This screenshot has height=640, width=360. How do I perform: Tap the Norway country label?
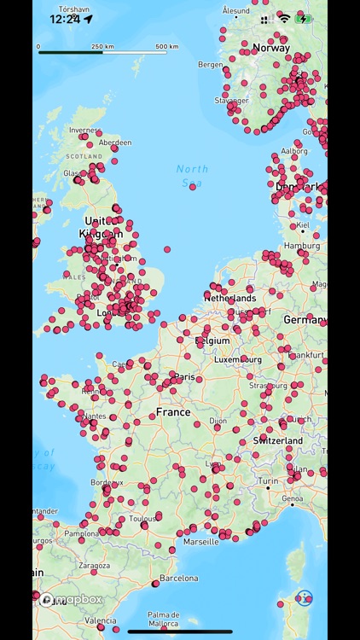[x=271, y=48]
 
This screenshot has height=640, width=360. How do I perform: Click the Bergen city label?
[x=211, y=64]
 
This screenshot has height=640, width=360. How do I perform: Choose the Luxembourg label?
[x=237, y=360]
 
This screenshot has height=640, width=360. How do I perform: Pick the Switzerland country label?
[x=278, y=440]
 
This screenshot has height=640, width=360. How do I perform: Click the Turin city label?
[x=269, y=481]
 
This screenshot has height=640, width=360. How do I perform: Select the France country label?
[x=173, y=412]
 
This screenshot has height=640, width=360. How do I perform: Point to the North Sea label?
[x=193, y=175]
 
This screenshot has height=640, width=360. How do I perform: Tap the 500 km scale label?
[x=167, y=46]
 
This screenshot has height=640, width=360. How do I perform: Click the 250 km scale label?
[x=102, y=46]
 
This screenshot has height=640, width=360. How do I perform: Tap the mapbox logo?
[x=72, y=600]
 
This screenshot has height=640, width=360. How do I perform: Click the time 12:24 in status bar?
[x=65, y=18]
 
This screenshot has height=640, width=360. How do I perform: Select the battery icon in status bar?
[x=304, y=18]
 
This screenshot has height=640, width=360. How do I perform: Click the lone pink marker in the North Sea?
[x=193, y=186]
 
